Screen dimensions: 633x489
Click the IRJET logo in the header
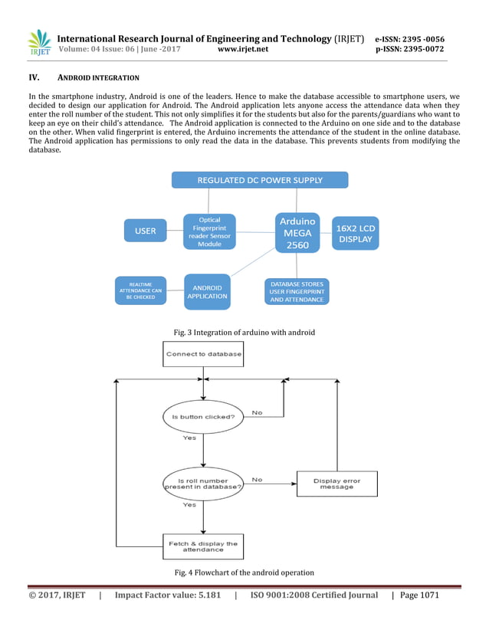(x=38, y=44)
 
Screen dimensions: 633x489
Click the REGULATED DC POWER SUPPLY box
(x=260, y=180)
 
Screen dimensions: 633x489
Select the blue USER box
(x=145, y=231)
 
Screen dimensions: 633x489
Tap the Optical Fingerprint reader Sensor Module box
(x=208, y=232)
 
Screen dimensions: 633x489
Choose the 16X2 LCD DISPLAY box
(x=355, y=233)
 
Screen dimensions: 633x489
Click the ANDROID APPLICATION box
(x=207, y=292)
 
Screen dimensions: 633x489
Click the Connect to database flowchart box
(x=204, y=354)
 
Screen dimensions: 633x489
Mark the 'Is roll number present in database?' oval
(x=204, y=484)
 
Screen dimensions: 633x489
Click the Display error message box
(x=336, y=484)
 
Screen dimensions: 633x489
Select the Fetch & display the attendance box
(x=203, y=546)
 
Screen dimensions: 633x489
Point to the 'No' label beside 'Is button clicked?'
(x=257, y=412)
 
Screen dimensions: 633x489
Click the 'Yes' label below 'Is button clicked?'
(x=189, y=438)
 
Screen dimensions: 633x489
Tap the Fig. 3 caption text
(x=244, y=332)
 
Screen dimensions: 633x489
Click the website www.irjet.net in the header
(x=244, y=49)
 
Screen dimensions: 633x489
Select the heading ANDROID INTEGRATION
(x=98, y=78)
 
